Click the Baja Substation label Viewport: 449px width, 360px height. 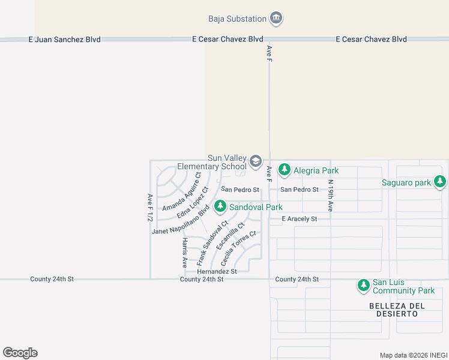tap(237, 19)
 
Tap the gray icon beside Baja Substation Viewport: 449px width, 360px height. tap(276, 19)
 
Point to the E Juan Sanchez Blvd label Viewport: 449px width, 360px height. tap(64, 40)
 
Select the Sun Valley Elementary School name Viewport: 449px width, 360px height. tap(212, 162)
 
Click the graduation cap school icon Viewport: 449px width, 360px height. tap(256, 161)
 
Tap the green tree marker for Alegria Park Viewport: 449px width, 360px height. tap(285, 170)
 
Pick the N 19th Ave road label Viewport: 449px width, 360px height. tap(330, 196)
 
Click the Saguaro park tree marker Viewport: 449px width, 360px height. tap(441, 182)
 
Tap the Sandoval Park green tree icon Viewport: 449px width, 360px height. tap(220, 207)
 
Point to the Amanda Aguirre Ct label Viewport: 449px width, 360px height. tap(181, 191)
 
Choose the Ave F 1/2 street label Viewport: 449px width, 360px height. tap(149, 208)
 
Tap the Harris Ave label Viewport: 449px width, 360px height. tap(184, 252)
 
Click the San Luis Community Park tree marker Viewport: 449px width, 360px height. tap(363, 286)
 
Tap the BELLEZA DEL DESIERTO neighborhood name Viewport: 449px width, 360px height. tap(397, 310)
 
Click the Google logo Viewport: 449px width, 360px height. tap(20, 353)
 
